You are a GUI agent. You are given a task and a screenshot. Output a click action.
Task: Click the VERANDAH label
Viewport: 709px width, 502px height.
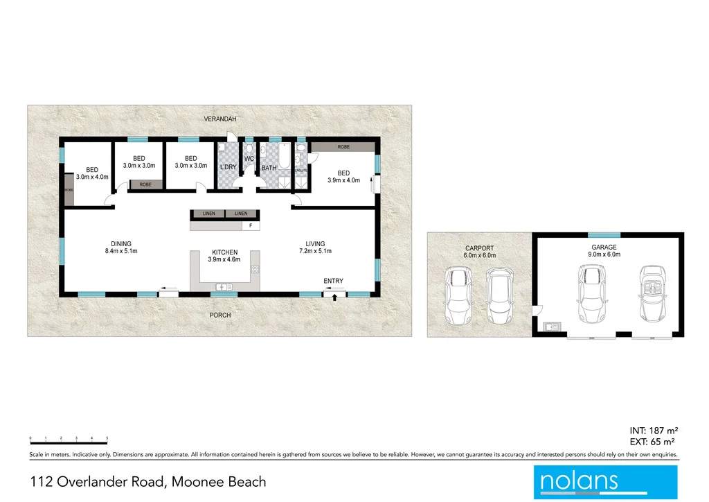(x=220, y=119)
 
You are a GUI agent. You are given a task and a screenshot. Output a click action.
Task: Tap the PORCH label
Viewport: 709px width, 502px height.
(x=220, y=315)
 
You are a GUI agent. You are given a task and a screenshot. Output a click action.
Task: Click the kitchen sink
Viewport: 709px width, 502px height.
(x=224, y=286)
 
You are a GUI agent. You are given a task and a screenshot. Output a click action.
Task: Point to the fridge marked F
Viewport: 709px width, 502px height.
(x=249, y=226)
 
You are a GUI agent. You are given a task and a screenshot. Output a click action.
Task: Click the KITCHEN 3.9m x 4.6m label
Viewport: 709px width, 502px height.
(x=224, y=256)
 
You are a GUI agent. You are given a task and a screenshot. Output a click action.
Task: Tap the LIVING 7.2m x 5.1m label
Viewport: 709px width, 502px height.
(x=315, y=248)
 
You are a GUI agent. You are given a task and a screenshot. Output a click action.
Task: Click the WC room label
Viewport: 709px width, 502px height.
(x=249, y=159)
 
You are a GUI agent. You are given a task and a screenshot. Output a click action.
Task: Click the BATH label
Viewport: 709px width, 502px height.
(x=269, y=168)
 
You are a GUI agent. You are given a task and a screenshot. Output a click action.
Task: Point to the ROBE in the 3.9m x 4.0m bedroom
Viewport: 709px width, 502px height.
(x=343, y=147)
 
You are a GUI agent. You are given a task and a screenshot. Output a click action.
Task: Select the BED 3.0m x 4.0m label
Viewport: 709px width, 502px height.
(x=92, y=173)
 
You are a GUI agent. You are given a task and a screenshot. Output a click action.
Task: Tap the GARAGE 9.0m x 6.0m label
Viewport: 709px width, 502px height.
(x=604, y=251)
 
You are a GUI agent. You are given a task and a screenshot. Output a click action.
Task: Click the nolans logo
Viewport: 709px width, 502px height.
(x=605, y=482)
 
